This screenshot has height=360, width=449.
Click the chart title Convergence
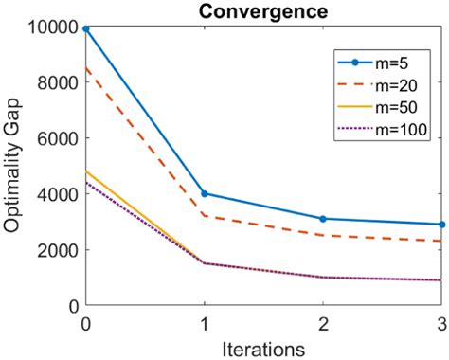point(263,11)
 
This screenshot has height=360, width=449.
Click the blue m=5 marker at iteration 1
point(205,194)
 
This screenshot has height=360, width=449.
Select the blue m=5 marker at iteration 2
point(323,219)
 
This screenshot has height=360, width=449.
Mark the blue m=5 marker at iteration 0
point(86,29)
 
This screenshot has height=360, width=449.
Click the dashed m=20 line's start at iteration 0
point(86,68)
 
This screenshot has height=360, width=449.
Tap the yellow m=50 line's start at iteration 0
point(86,171)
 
